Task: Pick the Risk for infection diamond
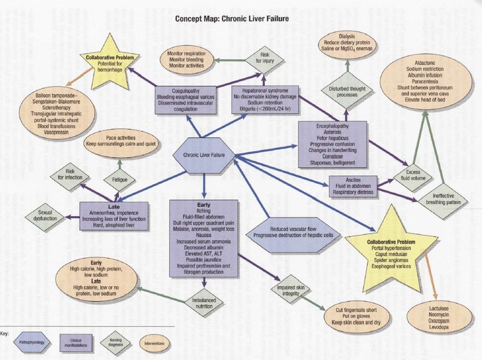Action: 68,174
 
